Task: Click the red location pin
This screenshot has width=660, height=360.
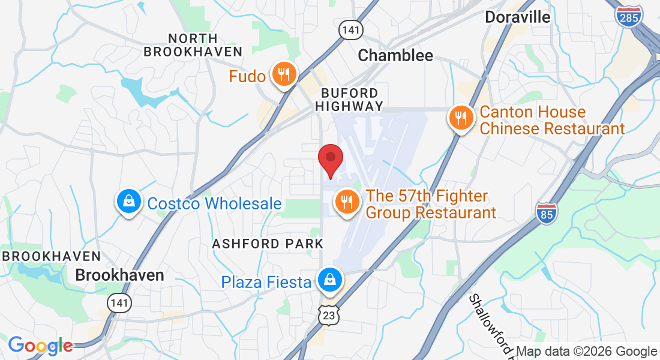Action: click(330, 160)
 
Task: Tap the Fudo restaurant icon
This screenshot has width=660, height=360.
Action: click(282, 74)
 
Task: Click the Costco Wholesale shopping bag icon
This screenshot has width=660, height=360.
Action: click(129, 202)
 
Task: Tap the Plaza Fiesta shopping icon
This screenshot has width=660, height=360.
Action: click(329, 280)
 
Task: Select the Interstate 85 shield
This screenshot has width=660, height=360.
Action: click(546, 213)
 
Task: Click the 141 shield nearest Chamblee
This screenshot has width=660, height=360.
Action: click(349, 30)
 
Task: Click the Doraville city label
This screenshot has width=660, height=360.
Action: click(517, 17)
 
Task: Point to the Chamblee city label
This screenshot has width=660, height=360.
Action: click(395, 56)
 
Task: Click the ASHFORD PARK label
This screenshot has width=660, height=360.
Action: click(268, 244)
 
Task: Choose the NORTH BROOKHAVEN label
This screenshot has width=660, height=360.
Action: click(193, 45)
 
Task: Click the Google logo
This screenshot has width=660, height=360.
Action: click(40, 346)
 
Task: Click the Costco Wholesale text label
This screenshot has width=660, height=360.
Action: click(214, 203)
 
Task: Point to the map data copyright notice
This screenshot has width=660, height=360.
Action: click(586, 352)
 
